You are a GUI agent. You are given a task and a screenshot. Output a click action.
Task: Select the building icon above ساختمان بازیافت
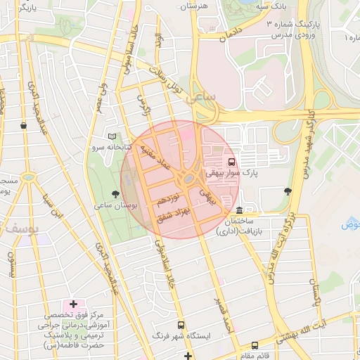(240, 211)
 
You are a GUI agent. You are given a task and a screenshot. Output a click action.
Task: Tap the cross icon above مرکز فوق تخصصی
(73, 304)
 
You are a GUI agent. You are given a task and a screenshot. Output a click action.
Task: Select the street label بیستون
(11, 264)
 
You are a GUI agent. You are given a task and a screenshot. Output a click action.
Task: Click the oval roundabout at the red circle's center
(189, 180)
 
